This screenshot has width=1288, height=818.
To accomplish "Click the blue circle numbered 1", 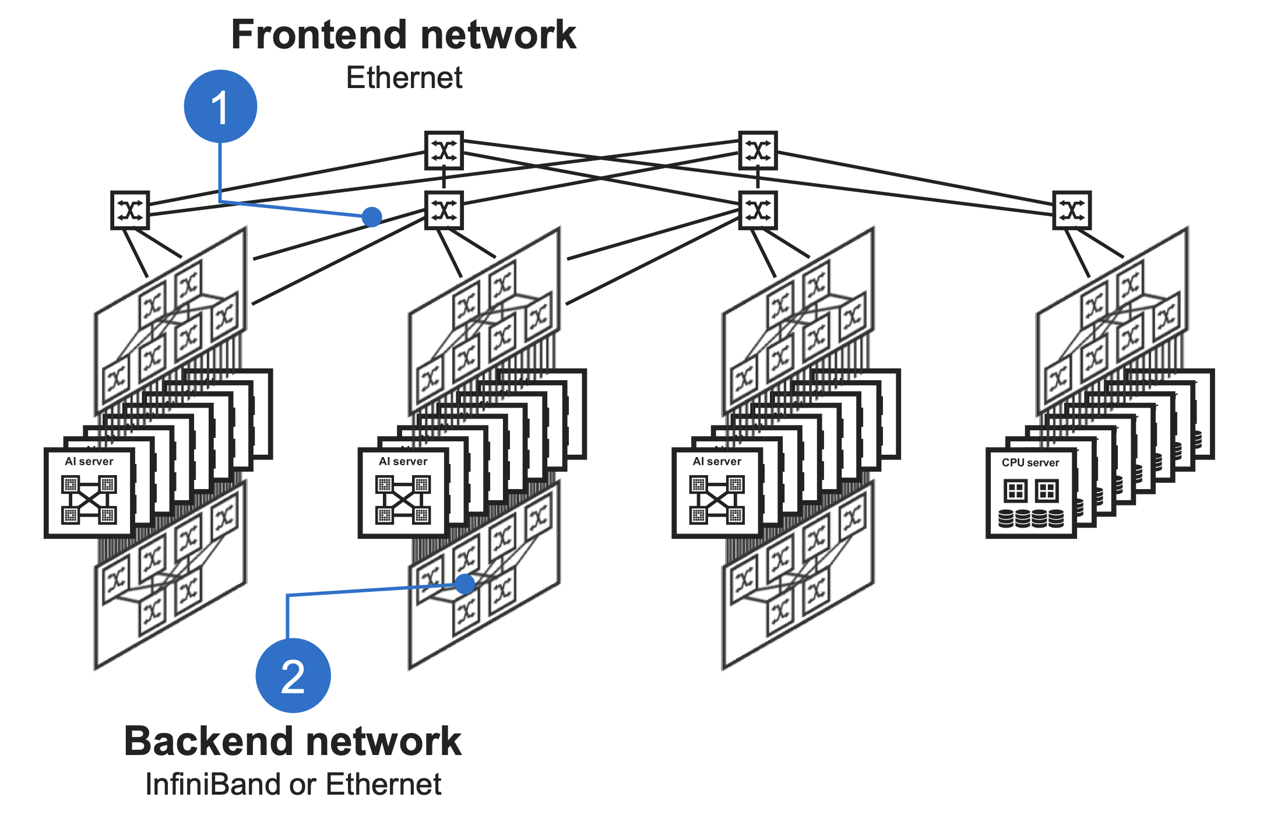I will tap(220, 106).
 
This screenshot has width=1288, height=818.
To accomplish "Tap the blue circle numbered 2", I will tap(293, 675).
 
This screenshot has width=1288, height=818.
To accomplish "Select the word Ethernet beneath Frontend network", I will tap(404, 78).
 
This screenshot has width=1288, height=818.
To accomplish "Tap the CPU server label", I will tap(1030, 463).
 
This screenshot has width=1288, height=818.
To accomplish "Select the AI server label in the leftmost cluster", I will tap(89, 462).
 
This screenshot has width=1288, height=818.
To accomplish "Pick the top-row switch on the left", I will tap(444, 150).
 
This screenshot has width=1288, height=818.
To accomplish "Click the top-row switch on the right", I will tap(758, 150).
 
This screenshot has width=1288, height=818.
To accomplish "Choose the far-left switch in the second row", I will tap(130, 210).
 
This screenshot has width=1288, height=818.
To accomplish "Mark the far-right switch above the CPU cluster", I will tap(1072, 210).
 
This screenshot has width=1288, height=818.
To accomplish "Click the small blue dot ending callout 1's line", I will tap(372, 217).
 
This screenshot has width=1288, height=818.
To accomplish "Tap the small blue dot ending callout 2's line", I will tap(464, 584).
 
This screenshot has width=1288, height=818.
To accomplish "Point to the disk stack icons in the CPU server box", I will tap(1030, 518).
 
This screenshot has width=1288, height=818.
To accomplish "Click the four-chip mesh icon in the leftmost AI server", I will tap(89, 500).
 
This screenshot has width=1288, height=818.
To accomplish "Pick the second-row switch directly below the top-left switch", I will tap(444, 210).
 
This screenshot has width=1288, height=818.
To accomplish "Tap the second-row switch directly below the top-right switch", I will tap(758, 210).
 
